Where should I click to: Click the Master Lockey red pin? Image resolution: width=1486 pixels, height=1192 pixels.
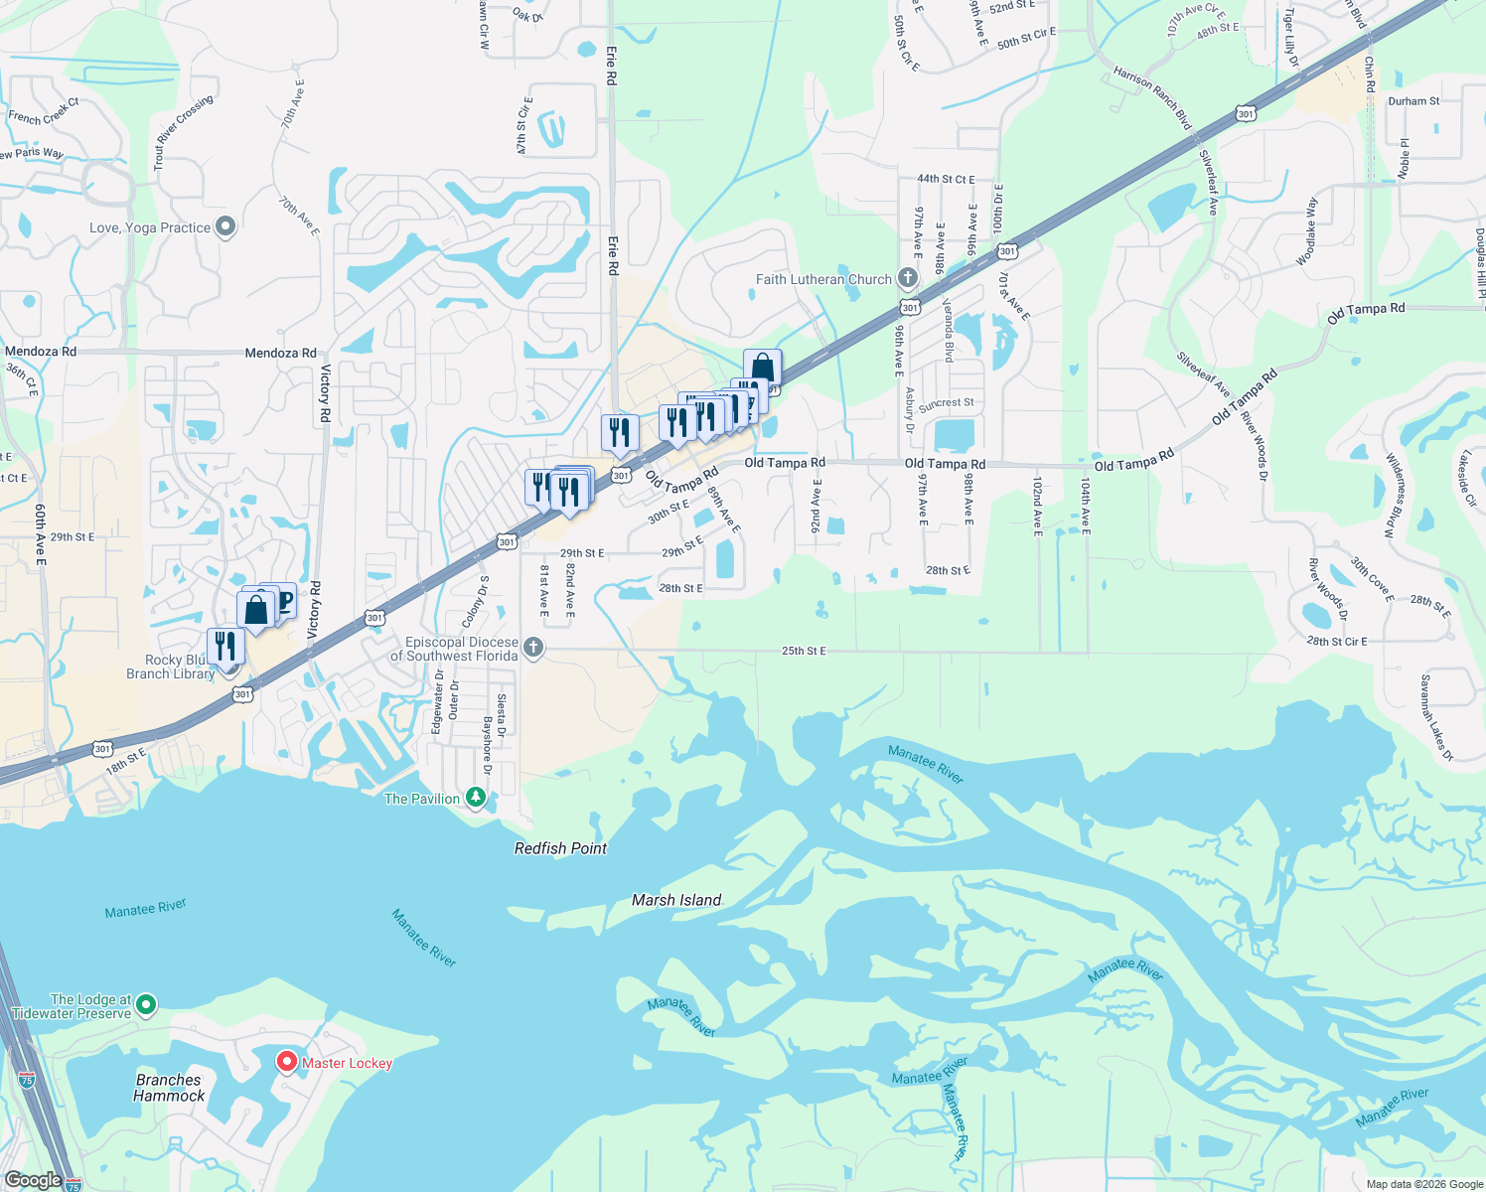287,1062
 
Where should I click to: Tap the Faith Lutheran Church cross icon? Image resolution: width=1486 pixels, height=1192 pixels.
907,278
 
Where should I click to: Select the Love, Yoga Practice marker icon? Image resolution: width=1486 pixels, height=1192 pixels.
225,227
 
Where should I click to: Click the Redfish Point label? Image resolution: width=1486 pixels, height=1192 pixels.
560,848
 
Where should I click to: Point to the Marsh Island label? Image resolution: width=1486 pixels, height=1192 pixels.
676,900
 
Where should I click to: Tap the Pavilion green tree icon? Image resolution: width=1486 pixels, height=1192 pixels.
476,798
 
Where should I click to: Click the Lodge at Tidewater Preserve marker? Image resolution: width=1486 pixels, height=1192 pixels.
146,1005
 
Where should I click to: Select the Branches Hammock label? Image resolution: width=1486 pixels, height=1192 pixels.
169,1088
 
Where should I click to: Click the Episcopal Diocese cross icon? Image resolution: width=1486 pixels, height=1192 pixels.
533,648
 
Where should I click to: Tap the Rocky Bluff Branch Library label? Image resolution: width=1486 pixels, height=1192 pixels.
170,667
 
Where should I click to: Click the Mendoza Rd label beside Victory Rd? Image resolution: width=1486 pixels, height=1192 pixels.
281,353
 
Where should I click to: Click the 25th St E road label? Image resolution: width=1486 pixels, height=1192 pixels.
804,651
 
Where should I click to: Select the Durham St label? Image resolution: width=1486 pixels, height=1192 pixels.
1413,101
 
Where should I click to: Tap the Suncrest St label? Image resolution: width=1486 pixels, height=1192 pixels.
946,404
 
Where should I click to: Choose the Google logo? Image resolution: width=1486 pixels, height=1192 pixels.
34,1180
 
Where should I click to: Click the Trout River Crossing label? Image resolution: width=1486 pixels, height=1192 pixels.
184,131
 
